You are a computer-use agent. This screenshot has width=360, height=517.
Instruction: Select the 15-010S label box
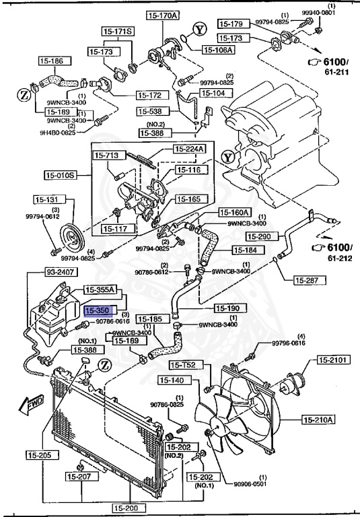(61, 176)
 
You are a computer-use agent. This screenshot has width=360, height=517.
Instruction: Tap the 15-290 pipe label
(260, 236)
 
